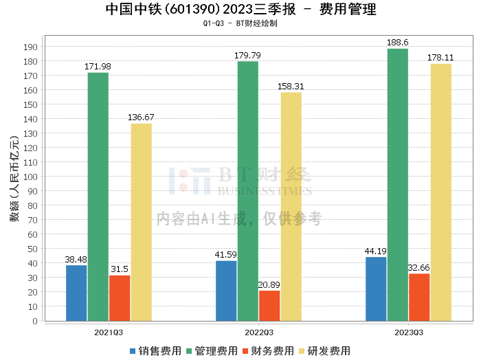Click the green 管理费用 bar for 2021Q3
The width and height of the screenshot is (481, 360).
pyautogui.click(x=98, y=196)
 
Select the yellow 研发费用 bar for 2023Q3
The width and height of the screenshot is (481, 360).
pyautogui.click(x=440, y=192)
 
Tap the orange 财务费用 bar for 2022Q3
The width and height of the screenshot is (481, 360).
pyautogui.click(x=269, y=306)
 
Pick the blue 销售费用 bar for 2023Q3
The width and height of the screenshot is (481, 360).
pyautogui.click(x=376, y=289)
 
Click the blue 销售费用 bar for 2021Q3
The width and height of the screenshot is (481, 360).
pyautogui.click(x=76, y=293)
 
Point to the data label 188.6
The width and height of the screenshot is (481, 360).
pyautogui.click(x=397, y=43)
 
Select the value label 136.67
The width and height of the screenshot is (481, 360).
pyautogui.click(x=141, y=117)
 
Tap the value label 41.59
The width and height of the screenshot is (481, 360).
pyautogui.click(x=226, y=255)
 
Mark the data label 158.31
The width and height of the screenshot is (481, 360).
pyautogui.click(x=291, y=87)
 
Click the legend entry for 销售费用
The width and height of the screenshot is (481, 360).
pyautogui.click(x=155, y=351)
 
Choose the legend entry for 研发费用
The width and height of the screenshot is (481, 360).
pyautogui.click(x=321, y=351)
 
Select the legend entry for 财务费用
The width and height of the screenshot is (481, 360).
pyautogui.click(x=266, y=351)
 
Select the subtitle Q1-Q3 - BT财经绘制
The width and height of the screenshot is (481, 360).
pyautogui.click(x=240, y=23)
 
